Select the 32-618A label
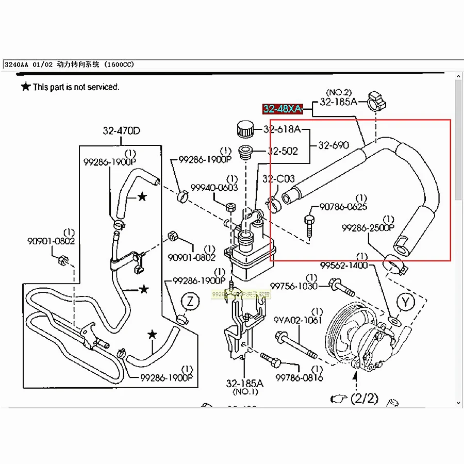pos(282,129)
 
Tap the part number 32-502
pos(283,151)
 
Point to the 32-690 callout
pos(334,145)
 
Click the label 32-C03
pos(278,179)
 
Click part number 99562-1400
pos(344,266)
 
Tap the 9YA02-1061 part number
pos(298,320)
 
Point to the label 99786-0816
pos(299,378)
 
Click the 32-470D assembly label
pos(121,131)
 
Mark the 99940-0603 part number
pos(214,188)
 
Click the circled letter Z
pos(190,302)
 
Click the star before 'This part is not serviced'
pos(25,87)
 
